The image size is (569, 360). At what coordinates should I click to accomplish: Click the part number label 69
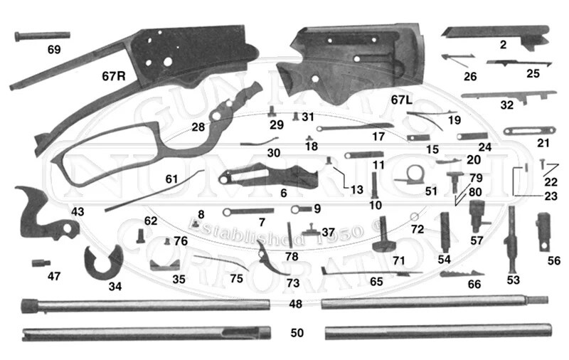(x=55, y=50)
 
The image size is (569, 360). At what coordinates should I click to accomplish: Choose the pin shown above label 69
(x=42, y=35)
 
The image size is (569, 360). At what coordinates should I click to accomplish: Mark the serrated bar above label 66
(x=463, y=273)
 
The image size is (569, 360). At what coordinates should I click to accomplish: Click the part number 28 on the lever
(x=198, y=127)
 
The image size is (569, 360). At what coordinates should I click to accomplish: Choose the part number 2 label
(x=503, y=45)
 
